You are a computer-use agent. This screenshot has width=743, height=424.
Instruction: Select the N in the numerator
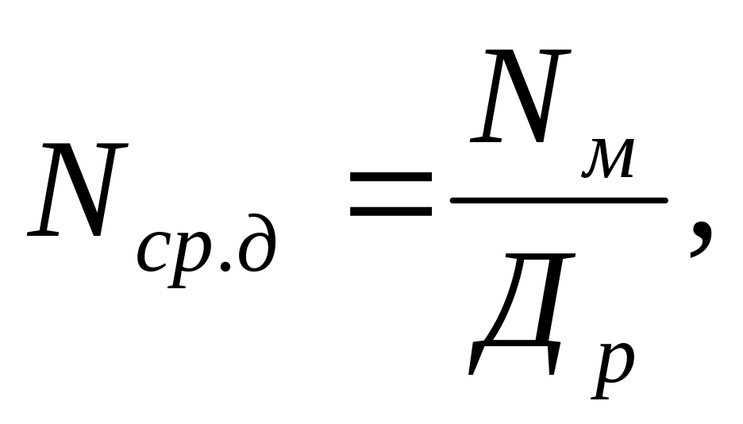click(520, 95)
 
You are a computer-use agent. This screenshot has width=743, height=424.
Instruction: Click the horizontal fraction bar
click(558, 200)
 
